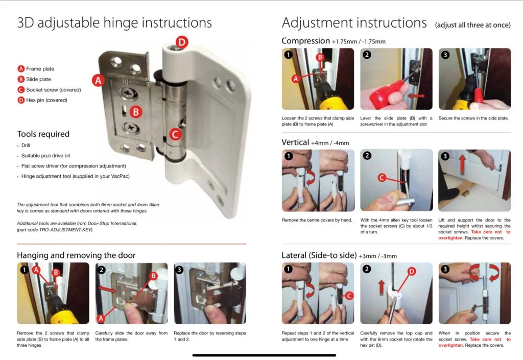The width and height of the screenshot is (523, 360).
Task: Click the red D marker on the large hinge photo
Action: [182, 42]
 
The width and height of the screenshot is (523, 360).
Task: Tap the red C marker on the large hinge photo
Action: [176, 134]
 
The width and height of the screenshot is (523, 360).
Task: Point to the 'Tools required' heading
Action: [43, 134]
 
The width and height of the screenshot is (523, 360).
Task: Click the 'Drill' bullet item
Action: [26, 146]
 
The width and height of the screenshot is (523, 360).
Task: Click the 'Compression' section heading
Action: [305, 41]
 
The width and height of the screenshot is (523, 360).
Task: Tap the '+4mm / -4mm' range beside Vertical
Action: [330, 143]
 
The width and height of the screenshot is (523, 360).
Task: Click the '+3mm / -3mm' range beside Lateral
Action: [377, 256]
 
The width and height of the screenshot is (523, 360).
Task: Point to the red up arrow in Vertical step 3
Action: [462, 165]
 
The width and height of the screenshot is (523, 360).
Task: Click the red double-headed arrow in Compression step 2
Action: [417, 96]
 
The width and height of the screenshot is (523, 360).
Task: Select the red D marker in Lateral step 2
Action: [412, 272]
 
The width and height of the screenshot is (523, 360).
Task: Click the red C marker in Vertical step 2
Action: [382, 178]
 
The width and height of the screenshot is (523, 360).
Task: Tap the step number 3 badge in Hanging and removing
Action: [179, 270]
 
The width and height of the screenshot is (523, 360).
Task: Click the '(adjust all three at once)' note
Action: [472, 25]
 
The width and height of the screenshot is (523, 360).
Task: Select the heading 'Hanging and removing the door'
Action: [77, 255]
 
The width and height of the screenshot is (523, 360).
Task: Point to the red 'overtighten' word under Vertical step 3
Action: [450, 238]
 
